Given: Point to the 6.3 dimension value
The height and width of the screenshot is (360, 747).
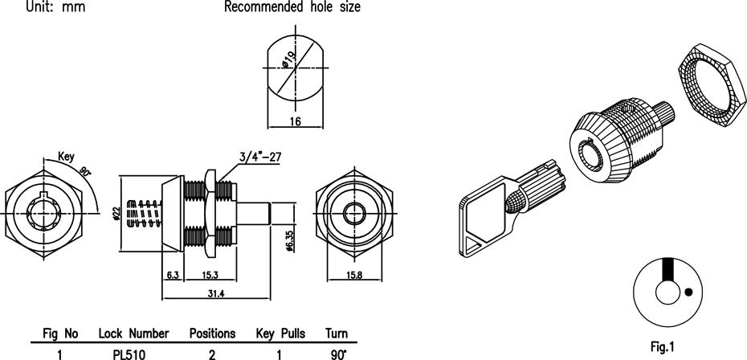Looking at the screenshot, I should point(172,275).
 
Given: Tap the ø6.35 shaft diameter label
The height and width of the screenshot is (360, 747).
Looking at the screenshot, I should point(290,239).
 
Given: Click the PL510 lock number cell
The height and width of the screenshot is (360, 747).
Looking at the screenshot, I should point(129,353).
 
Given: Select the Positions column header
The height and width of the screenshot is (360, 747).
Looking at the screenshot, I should point(212,333).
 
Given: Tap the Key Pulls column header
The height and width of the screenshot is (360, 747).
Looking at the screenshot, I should point(280,333).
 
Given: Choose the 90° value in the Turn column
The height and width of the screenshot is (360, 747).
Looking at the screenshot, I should point(337,353).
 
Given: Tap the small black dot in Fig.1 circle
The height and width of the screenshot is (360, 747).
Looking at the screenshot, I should point(687,292).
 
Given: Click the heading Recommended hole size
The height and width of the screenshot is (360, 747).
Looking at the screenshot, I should point(292,7).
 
